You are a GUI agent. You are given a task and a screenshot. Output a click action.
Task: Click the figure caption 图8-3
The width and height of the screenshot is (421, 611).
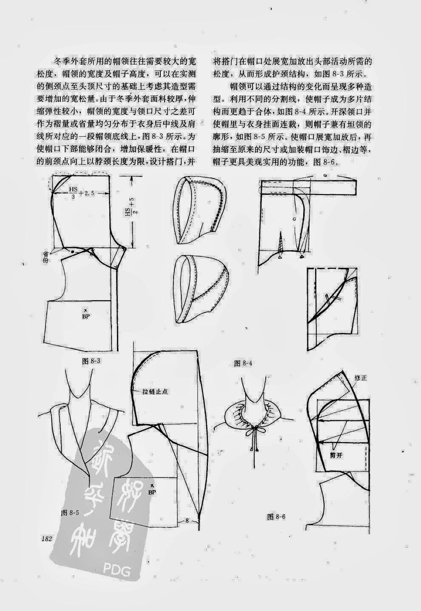[90, 361]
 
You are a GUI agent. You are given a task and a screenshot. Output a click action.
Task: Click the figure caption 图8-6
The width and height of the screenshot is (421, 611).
[276, 517]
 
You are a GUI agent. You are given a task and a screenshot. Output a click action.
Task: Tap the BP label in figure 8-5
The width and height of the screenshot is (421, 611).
[152, 491]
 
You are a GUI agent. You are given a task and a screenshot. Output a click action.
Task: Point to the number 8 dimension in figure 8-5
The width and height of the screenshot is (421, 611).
[186, 520]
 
